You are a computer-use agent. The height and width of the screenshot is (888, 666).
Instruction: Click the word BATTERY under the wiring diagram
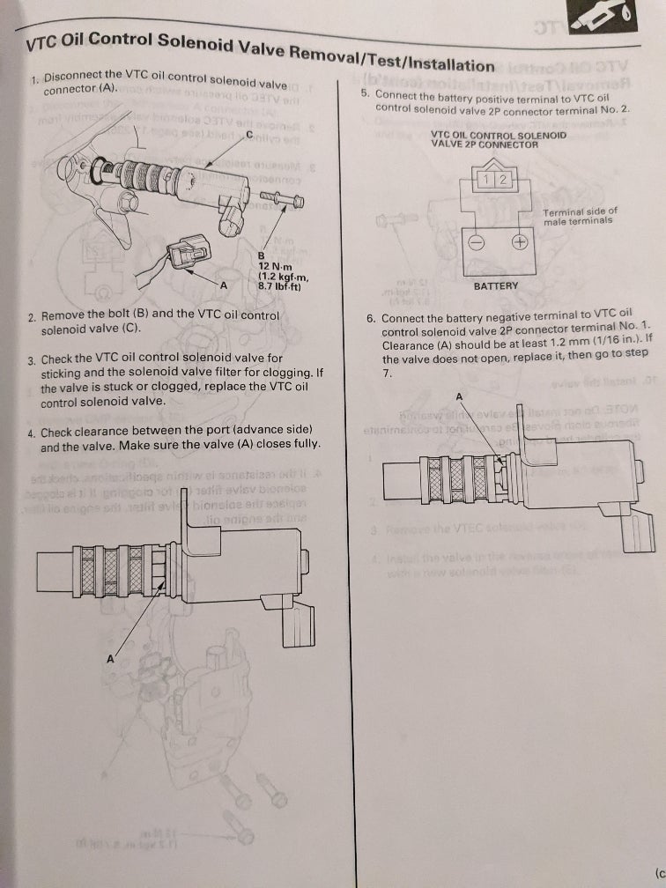coord(496,285)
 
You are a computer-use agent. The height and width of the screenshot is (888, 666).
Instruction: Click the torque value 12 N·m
coord(277,265)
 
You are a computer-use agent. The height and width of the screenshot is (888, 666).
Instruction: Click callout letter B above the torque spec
coord(261,255)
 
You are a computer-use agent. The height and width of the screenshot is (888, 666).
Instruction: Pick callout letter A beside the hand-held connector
coord(222,285)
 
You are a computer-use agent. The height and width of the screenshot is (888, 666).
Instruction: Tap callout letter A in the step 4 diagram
coord(112,657)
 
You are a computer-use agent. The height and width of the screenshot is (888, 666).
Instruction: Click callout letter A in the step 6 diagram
coord(459,396)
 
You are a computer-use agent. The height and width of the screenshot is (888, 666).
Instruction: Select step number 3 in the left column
coord(31,360)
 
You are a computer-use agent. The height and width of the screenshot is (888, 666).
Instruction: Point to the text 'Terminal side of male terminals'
coord(580,217)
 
